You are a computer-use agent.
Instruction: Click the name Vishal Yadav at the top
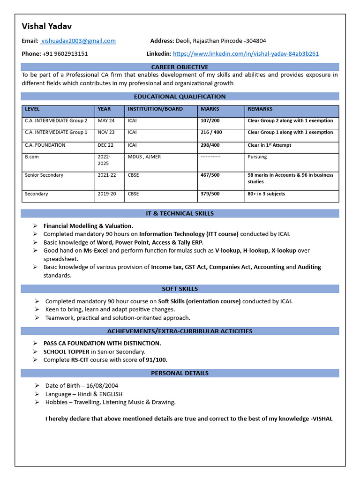47,26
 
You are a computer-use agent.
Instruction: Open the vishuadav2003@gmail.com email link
78,41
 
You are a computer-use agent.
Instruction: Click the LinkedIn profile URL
246,54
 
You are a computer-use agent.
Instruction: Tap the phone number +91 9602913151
65,54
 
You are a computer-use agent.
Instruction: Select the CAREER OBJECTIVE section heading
180,67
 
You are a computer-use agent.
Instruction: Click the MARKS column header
210,109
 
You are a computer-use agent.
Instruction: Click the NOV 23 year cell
106,133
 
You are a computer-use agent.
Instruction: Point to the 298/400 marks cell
210,145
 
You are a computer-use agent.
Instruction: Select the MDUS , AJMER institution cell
144,157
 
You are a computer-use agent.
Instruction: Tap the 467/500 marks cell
210,175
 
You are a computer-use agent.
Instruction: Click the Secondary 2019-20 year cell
107,194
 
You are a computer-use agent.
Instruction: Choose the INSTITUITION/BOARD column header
155,109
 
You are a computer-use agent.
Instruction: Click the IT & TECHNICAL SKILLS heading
180,214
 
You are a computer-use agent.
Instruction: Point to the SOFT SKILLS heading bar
180,289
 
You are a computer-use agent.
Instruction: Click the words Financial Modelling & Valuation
88,226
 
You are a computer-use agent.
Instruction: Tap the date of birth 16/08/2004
102,386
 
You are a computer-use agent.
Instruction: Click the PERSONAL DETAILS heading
180,374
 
